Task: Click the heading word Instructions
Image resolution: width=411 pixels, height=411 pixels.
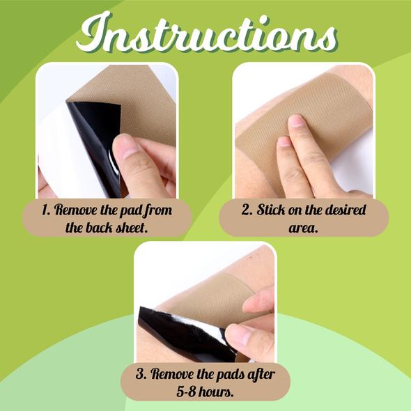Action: click(207, 33)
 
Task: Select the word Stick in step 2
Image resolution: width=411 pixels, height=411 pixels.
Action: click(271, 210)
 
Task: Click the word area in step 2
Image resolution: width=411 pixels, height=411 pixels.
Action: click(303, 228)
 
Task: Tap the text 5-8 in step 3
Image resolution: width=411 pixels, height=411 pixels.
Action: click(186, 391)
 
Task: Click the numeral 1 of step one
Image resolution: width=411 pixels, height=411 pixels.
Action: click(45, 210)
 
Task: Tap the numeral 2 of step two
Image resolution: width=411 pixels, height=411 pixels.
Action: click(247, 210)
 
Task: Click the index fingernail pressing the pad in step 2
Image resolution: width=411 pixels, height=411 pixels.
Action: click(296, 121)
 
